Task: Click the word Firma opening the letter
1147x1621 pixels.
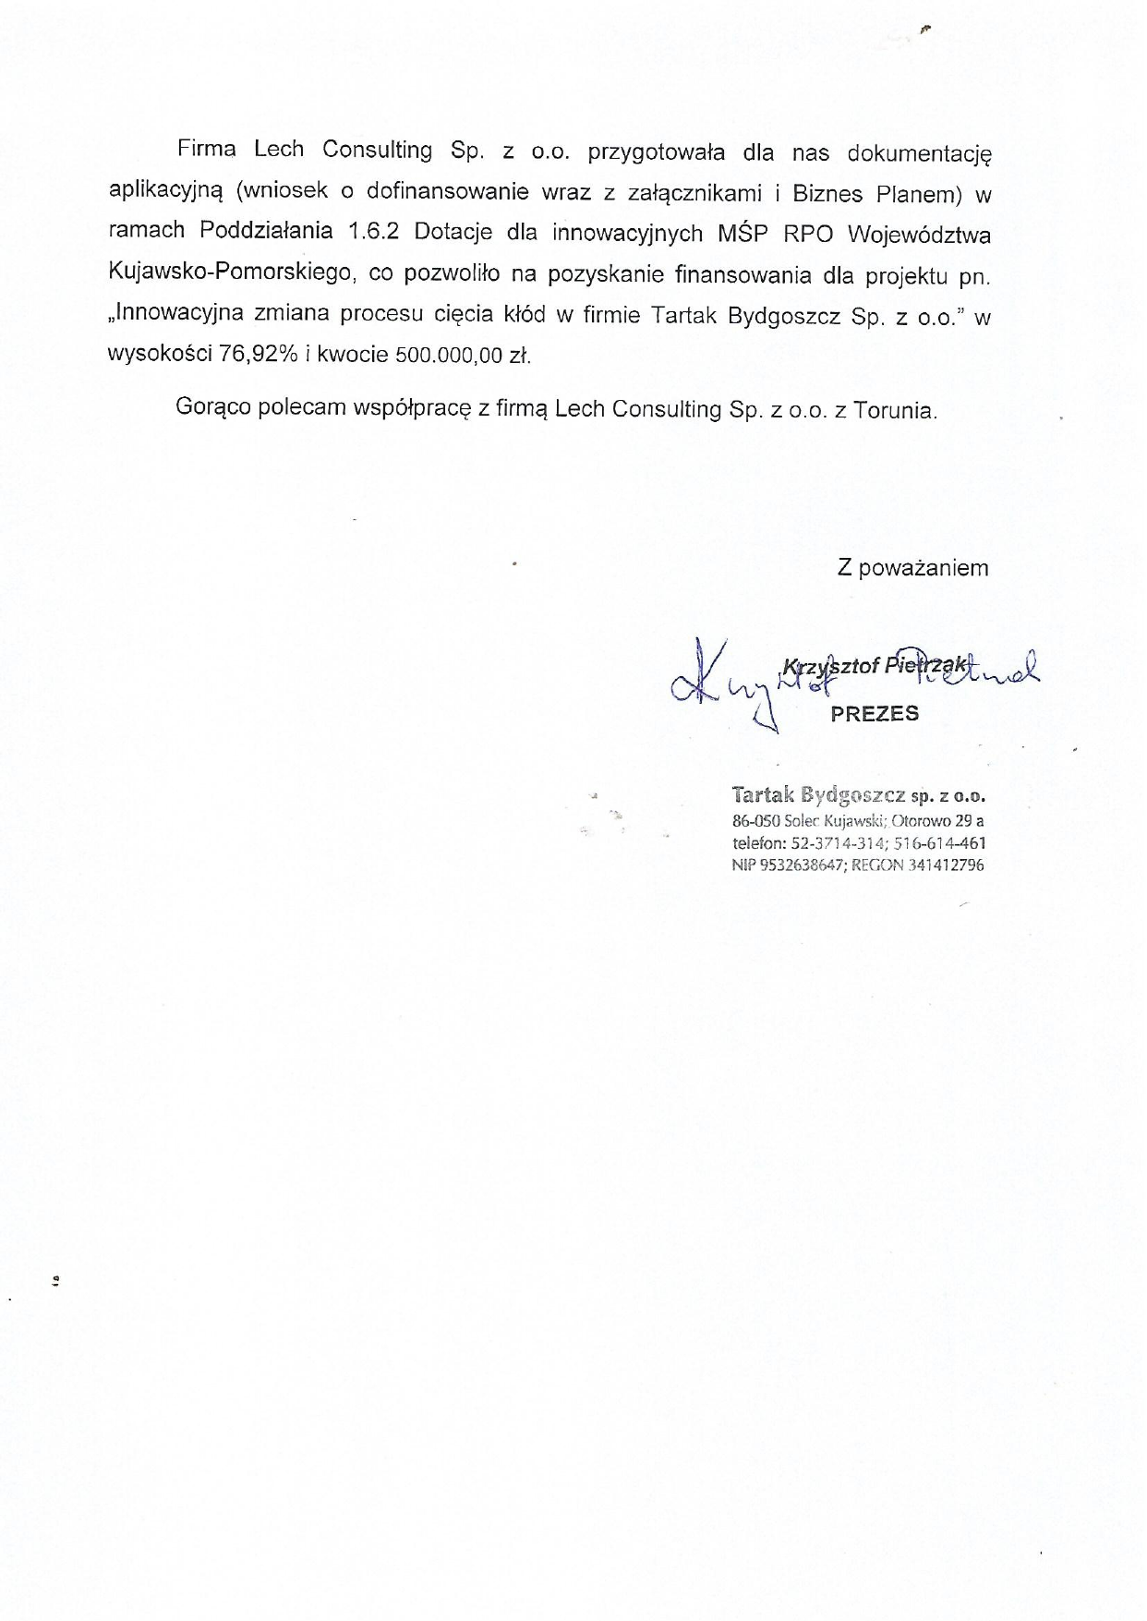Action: [206, 150]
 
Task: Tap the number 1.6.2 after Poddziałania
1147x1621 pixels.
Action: [373, 232]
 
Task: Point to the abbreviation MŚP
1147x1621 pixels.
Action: [743, 233]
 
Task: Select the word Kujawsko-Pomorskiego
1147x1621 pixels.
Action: [231, 273]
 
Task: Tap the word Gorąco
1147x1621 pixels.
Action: [212, 408]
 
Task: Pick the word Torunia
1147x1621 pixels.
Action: [895, 410]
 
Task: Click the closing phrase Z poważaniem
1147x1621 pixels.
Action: [912, 568]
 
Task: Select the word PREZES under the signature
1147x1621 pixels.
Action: [875, 713]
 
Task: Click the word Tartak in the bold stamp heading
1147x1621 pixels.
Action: [763, 795]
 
